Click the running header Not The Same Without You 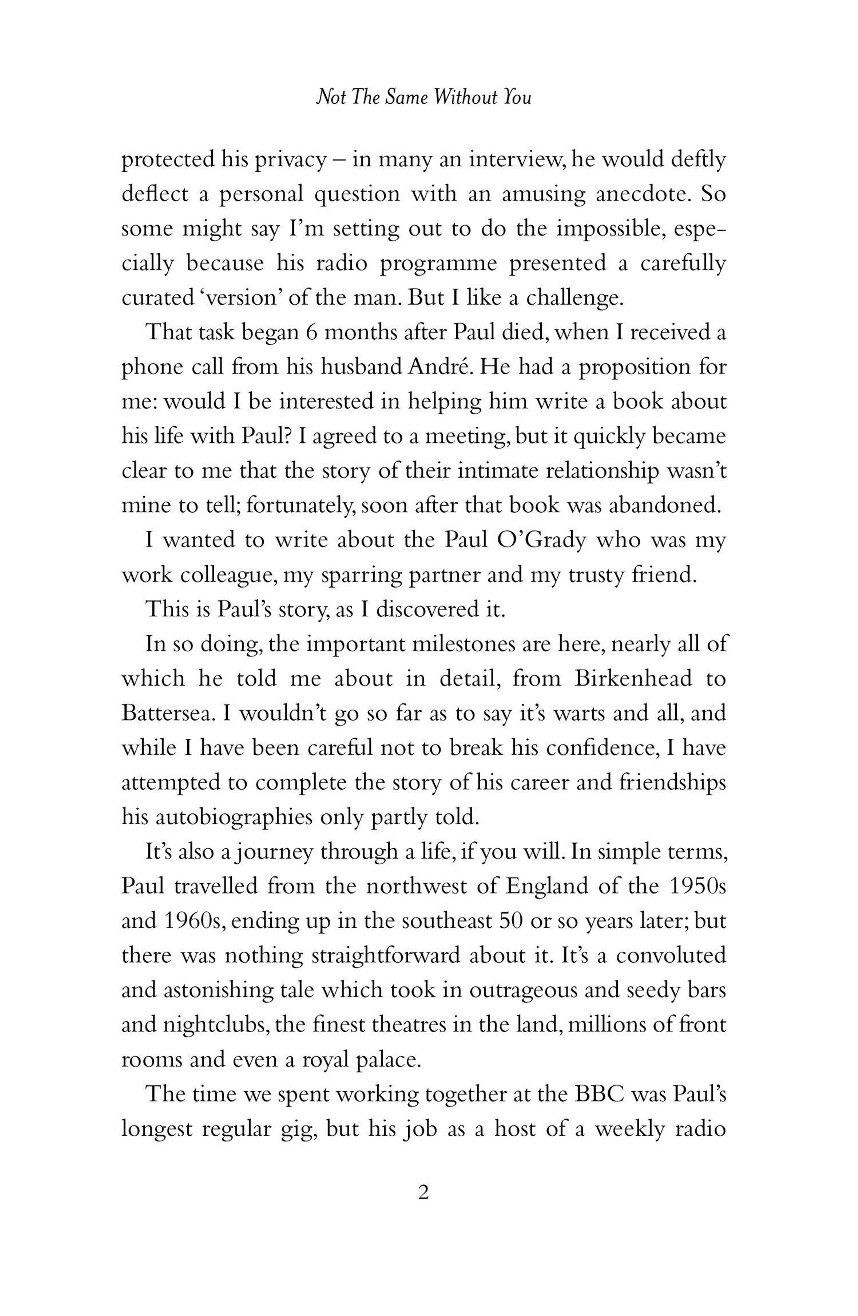(x=423, y=98)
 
